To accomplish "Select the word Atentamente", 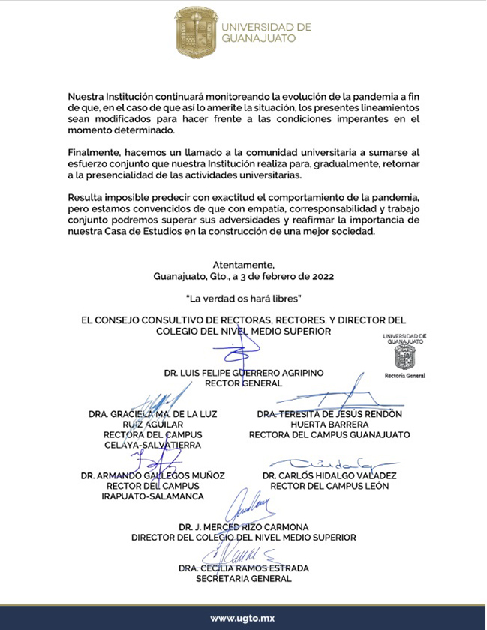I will tap(244, 265).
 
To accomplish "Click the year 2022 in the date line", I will tap(320, 276).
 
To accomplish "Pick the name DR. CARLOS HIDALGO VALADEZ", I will tap(329, 475).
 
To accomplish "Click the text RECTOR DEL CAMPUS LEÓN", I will tap(329, 486).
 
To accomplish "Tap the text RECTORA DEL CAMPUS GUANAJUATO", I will tap(329, 434).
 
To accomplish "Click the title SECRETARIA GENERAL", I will tap(243, 579).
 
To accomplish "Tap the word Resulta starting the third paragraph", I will tap(86, 196).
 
